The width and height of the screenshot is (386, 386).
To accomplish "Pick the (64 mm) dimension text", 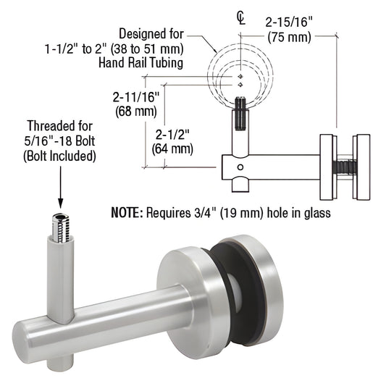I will coord(172,149).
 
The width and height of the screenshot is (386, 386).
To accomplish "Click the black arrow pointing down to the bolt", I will coord(59,188).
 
